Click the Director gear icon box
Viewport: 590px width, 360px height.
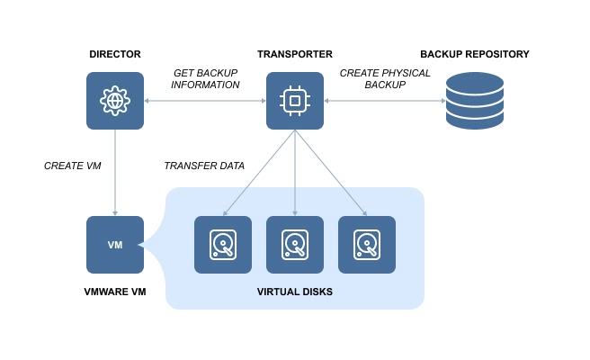[115, 101]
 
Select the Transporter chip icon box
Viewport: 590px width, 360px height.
[295, 101]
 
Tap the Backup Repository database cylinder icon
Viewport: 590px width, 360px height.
[474, 101]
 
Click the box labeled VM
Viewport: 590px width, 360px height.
[115, 245]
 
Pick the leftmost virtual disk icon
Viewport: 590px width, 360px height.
[224, 245]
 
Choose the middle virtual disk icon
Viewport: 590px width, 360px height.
[295, 245]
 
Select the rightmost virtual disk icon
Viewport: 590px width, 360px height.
[367, 245]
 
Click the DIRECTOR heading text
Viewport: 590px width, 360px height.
[115, 55]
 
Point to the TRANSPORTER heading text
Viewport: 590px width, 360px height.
[295, 55]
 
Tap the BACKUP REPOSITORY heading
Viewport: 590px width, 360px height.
[474, 55]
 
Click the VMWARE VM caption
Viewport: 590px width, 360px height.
[115, 292]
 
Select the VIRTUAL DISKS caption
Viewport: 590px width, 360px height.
[295, 292]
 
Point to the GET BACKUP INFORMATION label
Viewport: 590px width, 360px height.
[206, 79]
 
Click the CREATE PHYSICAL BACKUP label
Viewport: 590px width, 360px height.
[385, 79]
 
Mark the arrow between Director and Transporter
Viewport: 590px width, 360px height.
[205, 101]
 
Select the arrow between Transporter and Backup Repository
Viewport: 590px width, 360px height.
[385, 101]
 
